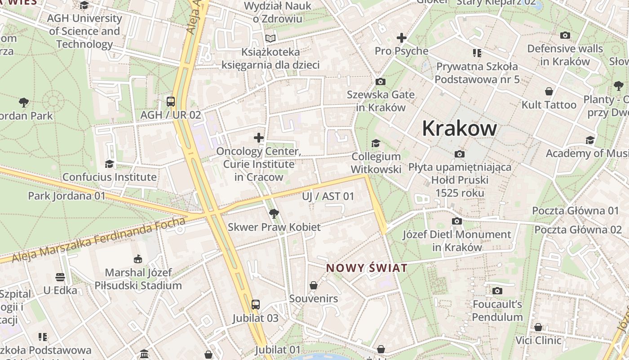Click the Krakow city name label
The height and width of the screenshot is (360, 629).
coord(459,129)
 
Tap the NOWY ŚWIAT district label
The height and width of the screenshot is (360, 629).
coord(367,268)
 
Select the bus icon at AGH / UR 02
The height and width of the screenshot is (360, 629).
coord(171,101)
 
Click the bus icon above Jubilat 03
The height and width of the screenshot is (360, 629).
coord(255,305)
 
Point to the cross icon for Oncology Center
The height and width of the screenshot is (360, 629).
coord(258,138)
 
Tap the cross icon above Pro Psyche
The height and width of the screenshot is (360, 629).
coord(401,38)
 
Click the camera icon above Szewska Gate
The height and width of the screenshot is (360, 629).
coord(380,81)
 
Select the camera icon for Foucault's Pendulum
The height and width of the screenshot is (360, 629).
coord(497,291)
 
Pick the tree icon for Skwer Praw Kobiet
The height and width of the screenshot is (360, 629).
coord(274,213)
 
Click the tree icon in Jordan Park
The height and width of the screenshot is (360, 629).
coord(24,102)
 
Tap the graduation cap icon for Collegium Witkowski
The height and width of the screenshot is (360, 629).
coord(376,143)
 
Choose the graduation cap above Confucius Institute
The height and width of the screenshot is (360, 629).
coord(109,163)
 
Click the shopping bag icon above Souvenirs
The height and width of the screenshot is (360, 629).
coord(314,285)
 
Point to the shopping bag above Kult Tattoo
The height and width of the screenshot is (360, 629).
coord(549,91)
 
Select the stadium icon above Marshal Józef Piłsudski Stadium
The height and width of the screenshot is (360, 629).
coord(138,259)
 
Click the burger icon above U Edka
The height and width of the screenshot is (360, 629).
coord(60,277)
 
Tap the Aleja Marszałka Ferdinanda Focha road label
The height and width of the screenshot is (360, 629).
coord(99,240)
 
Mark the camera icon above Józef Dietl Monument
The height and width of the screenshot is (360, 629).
coord(456,221)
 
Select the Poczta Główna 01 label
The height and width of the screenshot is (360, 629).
coord(575,211)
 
